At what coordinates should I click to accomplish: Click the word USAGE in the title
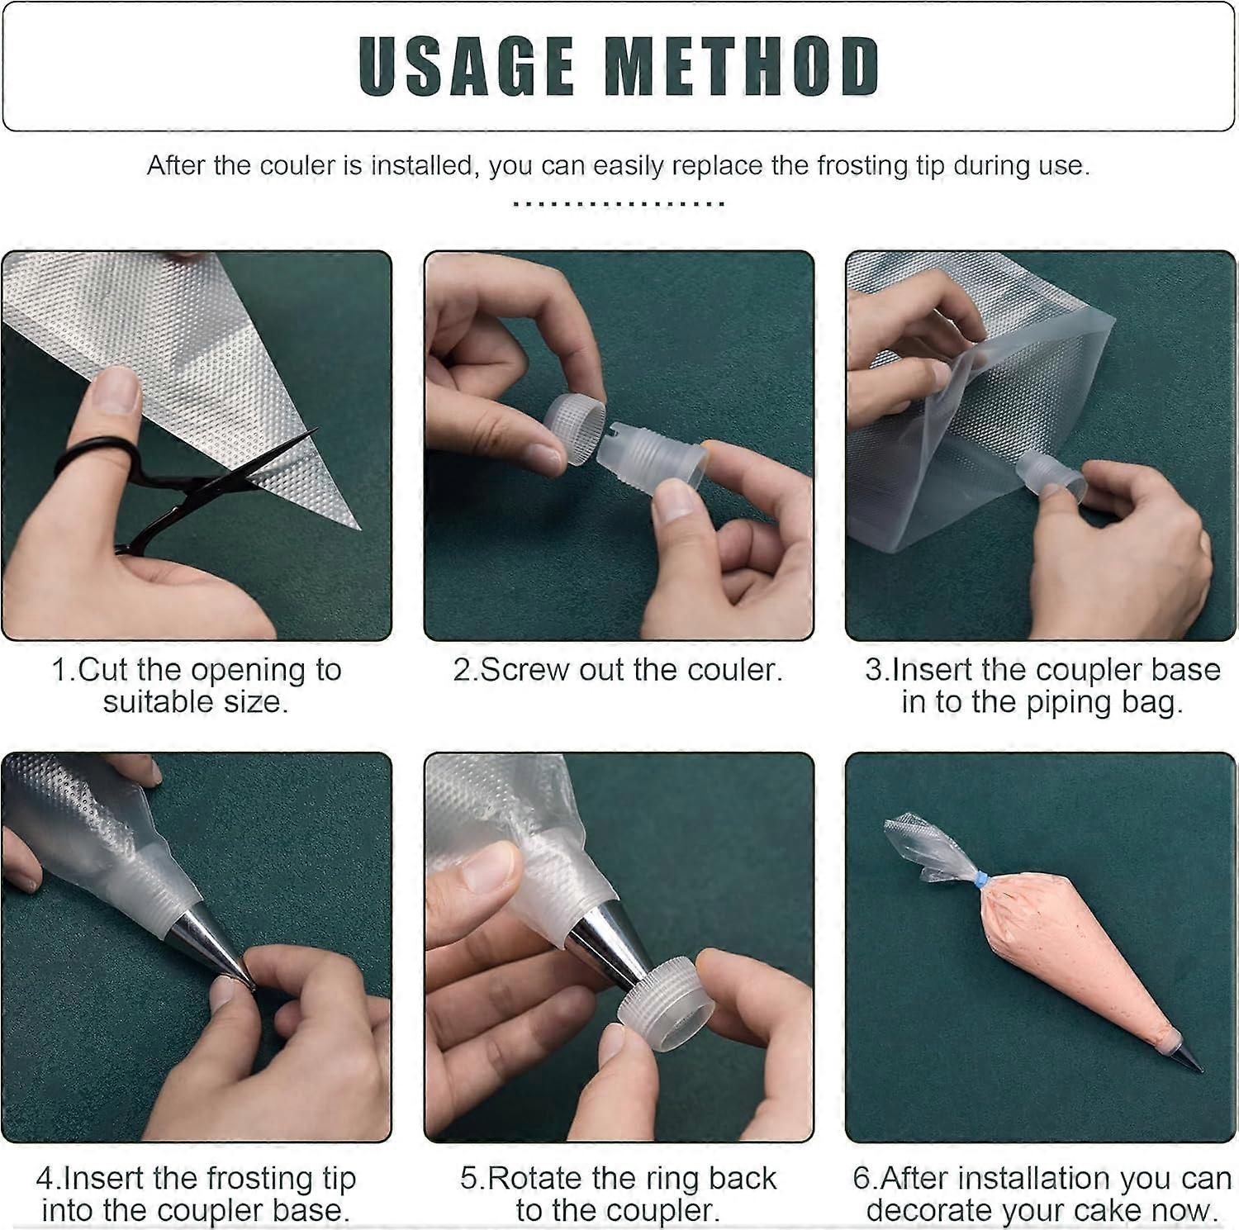point(467,66)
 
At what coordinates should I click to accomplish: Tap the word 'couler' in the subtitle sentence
point(298,166)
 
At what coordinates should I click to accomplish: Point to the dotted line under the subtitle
point(619,203)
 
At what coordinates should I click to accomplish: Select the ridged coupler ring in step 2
point(575,427)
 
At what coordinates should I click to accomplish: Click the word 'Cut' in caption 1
point(105,670)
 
